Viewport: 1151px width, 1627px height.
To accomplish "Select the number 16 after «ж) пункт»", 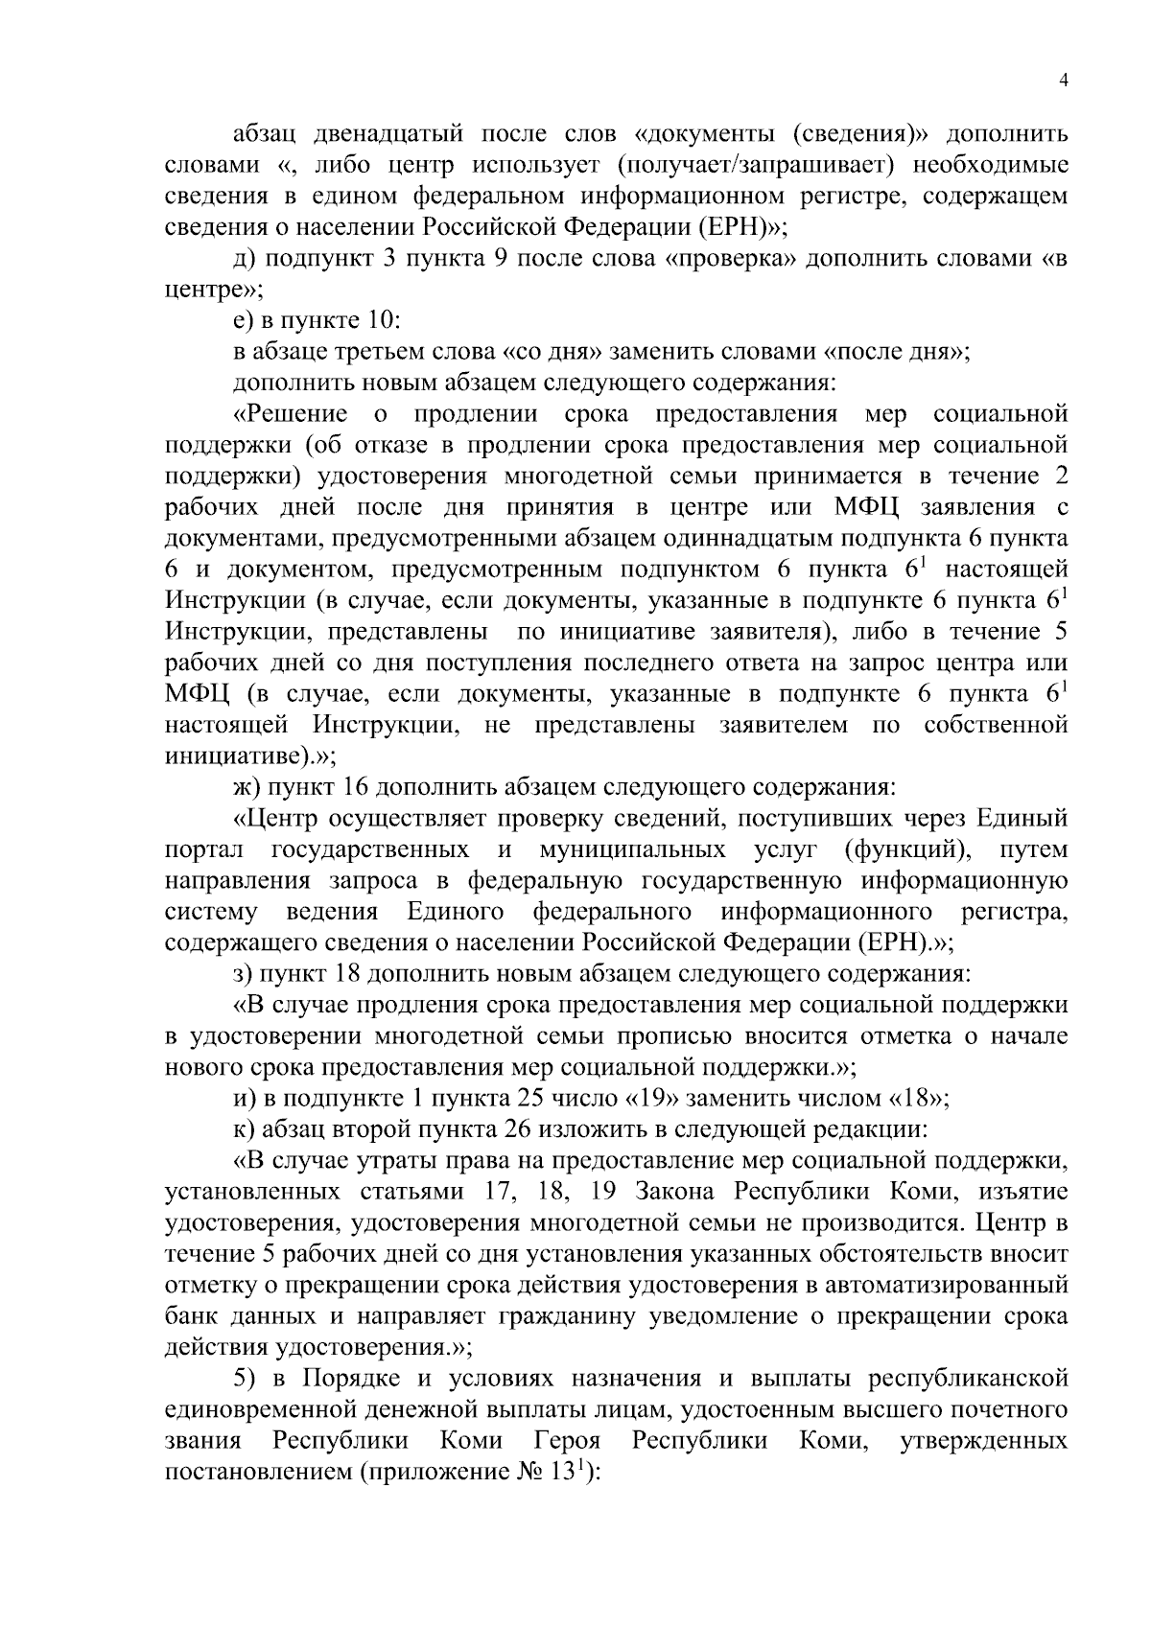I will pos(351,788).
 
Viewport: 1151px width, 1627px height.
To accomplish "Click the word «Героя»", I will pos(567,1441).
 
